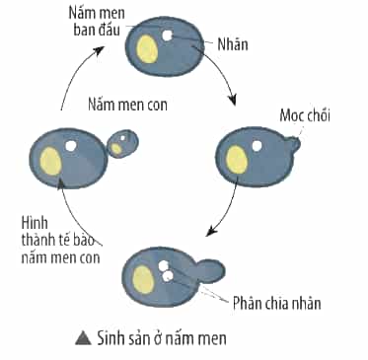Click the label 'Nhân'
pos(233,44)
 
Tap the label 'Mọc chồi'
pos(305,115)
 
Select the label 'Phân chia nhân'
pos(277,303)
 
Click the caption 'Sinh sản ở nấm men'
pos(162,338)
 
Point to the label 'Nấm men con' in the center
pos(127,105)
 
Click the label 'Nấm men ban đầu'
pos(97,22)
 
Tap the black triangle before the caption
pos(83,338)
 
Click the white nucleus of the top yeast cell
pos(168,36)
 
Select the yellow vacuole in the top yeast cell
pos(147,49)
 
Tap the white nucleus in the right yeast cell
pos(257,145)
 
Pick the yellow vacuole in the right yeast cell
pos(237,160)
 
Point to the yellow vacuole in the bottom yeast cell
pos(144,279)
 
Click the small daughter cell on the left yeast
pos(123,144)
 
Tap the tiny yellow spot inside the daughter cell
pos(115,149)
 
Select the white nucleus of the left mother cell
pos(71,146)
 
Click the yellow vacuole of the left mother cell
pos(51,161)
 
